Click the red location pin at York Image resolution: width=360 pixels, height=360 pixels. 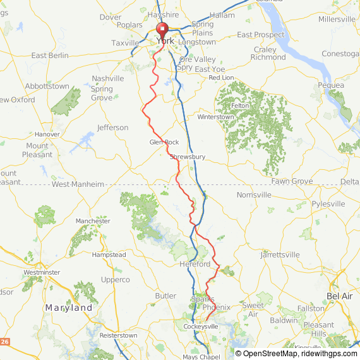[162, 30]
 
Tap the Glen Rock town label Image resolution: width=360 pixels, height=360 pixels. [164, 142]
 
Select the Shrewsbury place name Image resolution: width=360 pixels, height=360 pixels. [188, 157]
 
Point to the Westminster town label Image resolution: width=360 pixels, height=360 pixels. [42, 272]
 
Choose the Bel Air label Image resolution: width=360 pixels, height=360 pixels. [339, 296]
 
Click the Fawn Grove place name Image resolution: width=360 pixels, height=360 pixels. [292, 181]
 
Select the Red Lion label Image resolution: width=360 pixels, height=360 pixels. [221, 78]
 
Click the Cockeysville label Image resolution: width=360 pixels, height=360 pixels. [201, 327]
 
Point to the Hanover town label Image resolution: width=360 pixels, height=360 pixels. [47, 135]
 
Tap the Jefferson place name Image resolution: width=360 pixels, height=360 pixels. [112, 128]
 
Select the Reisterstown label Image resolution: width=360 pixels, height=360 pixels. [118, 335]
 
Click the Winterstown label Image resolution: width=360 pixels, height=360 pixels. [215, 117]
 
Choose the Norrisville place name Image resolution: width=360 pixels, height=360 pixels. [254, 195]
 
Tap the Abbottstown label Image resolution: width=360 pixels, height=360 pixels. [47, 86]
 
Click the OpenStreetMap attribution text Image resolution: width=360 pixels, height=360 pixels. [267, 353]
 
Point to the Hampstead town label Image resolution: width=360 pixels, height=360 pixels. [109, 255]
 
